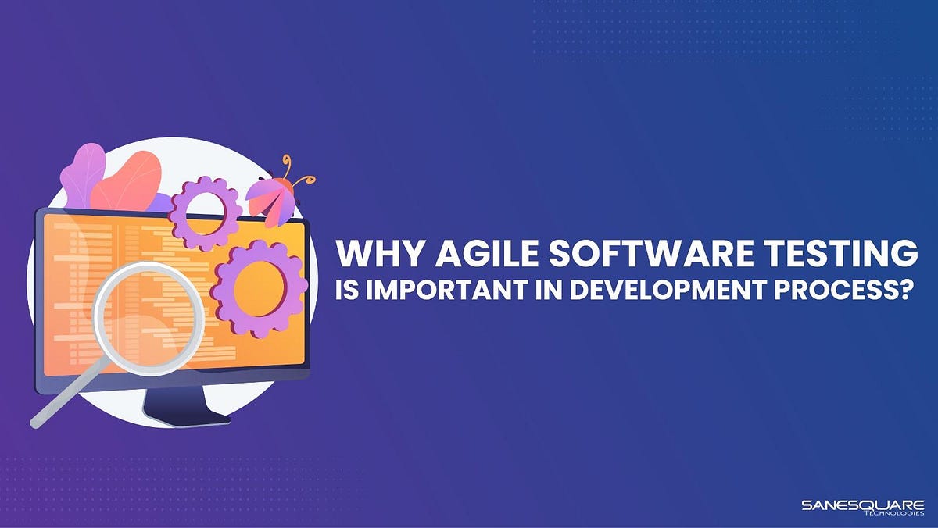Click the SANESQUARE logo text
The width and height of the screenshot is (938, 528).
(x=863, y=505)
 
